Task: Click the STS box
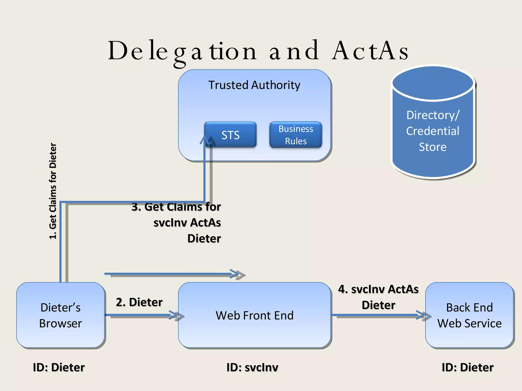(230, 135)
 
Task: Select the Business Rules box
(296, 135)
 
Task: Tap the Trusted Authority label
(254, 85)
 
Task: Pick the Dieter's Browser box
(61, 315)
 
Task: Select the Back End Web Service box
(469, 315)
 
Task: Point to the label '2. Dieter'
(139, 302)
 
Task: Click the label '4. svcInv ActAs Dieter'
(378, 297)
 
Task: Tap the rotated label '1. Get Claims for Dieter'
(53, 191)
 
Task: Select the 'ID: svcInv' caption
(252, 367)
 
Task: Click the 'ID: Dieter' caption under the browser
(59, 367)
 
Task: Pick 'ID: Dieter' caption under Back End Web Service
(467, 367)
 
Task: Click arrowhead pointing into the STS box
(205, 141)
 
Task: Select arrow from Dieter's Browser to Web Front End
(141, 315)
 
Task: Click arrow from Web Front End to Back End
(377, 315)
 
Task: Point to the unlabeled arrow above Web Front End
(171, 274)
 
